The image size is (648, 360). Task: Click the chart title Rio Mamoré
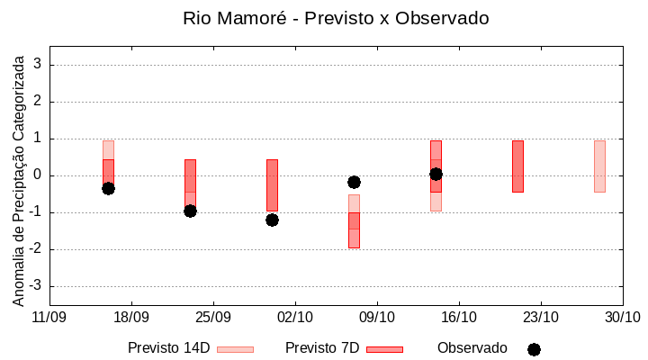(x=336, y=18)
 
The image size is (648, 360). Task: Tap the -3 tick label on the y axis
(x=35, y=286)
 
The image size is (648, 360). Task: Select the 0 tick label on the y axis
(x=38, y=175)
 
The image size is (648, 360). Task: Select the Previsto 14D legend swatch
(x=235, y=349)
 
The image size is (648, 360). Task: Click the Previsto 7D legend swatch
(x=384, y=349)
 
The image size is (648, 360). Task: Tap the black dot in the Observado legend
(x=534, y=349)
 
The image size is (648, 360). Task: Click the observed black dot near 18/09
(x=108, y=188)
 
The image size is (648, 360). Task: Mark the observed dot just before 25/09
(x=190, y=211)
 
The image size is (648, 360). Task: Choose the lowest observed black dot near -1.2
(x=272, y=220)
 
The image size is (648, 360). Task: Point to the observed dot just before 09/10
(x=354, y=182)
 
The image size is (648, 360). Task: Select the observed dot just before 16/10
(x=436, y=174)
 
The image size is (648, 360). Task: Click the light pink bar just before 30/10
(x=599, y=166)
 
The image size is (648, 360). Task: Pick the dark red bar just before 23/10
(x=517, y=166)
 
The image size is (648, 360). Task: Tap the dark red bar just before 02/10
(x=272, y=184)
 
